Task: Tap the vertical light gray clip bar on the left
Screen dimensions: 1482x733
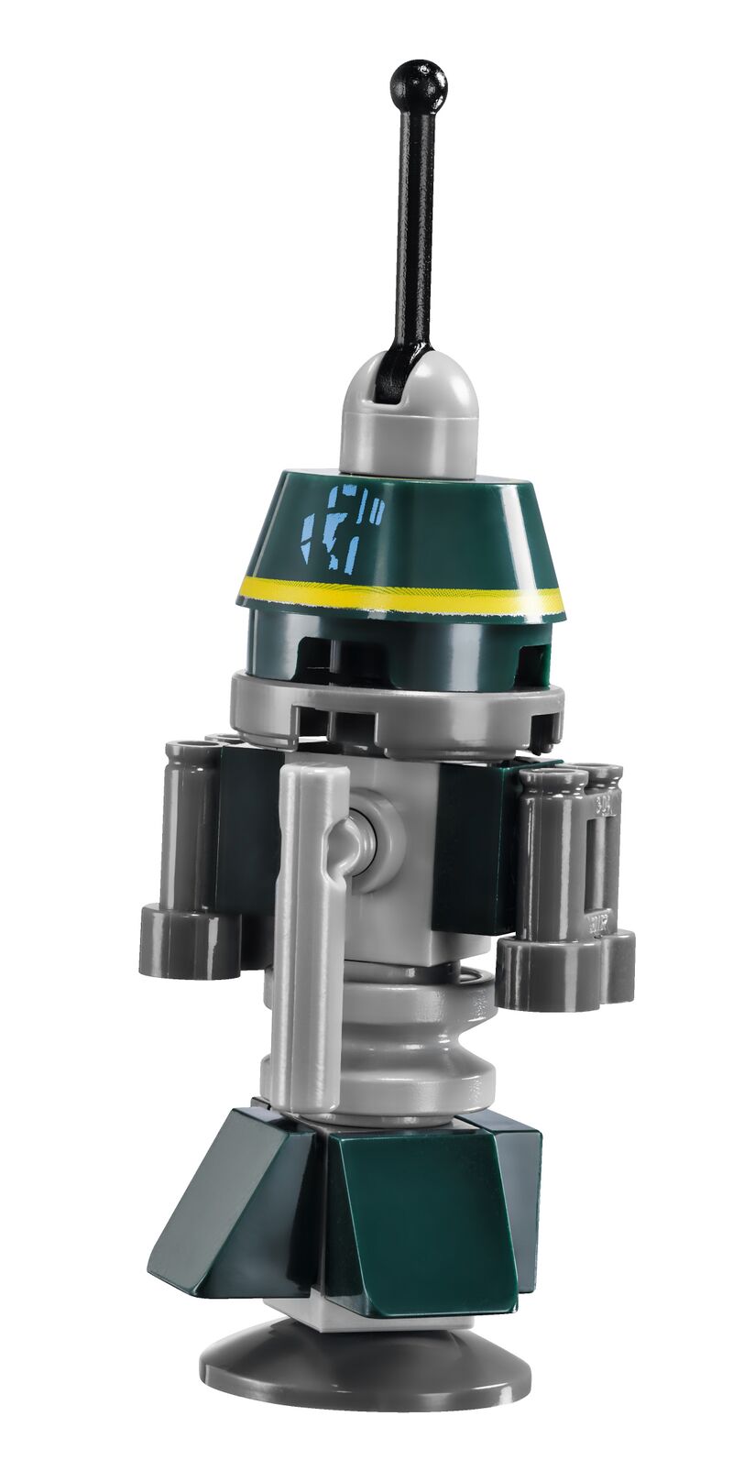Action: [x=302, y=880]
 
